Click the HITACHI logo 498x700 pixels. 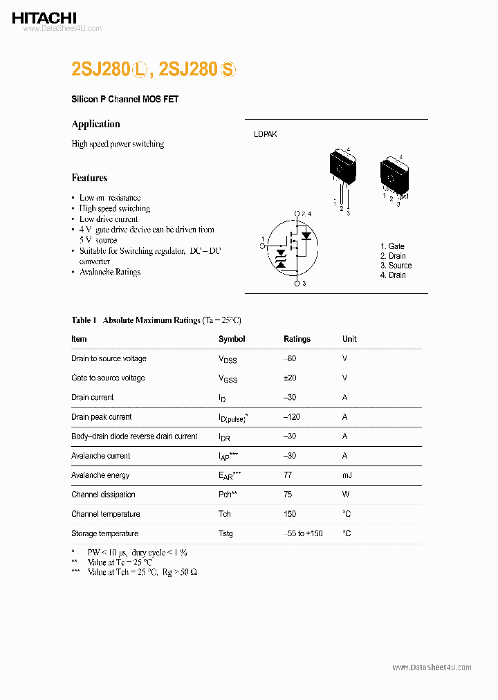[x=44, y=18]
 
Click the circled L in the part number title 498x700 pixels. [x=141, y=70]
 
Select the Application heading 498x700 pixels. [x=95, y=124]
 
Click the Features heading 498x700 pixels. [x=89, y=178]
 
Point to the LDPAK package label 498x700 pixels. [x=265, y=134]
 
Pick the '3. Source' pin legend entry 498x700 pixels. [x=396, y=266]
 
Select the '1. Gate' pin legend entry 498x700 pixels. [x=392, y=246]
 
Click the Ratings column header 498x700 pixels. [x=297, y=339]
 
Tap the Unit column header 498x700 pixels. [x=349, y=339]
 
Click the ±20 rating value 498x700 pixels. [x=290, y=378]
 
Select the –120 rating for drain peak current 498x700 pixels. [x=291, y=417]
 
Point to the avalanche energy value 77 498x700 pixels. [x=288, y=475]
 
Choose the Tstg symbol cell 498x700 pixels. [x=225, y=533]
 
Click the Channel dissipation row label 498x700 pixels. [x=103, y=495]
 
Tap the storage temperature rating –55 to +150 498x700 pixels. [x=303, y=533]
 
